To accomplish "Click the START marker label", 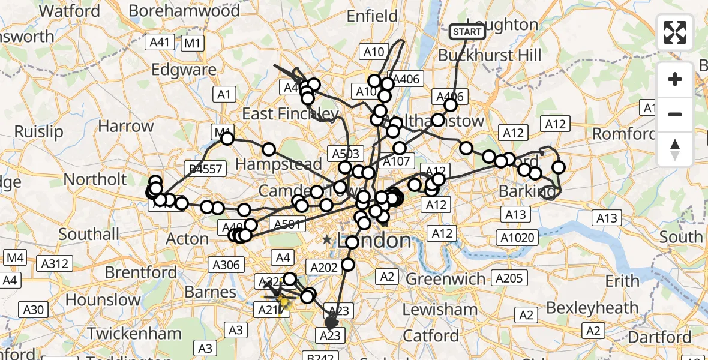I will pos(467,31).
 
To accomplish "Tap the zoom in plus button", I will pos(675,79).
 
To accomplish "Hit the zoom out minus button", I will pos(675,114).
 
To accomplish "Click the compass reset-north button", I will pos(675,149).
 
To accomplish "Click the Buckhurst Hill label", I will pos(490,55).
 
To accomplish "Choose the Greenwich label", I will pos(446,279).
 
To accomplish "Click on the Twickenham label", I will pos(134,334).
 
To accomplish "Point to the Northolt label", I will pos(95,179).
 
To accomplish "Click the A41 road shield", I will pos(160,42).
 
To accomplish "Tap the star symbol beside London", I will pos(327,240).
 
